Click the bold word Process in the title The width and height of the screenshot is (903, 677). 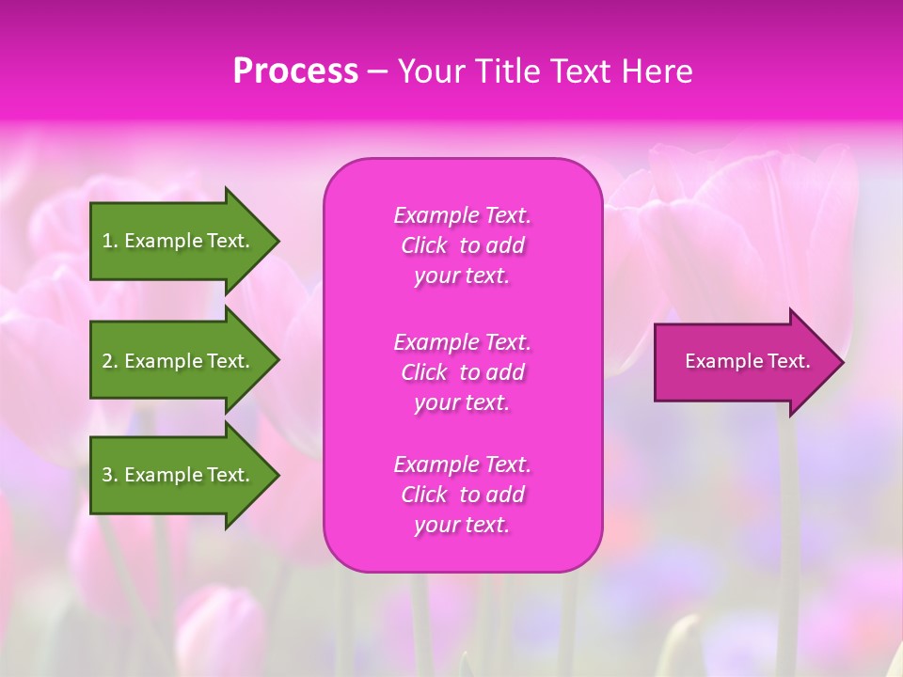tap(295, 71)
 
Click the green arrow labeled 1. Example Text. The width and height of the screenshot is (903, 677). tap(179, 241)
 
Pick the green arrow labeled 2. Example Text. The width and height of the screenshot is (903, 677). tap(179, 361)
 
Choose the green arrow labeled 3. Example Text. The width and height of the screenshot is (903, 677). tap(179, 475)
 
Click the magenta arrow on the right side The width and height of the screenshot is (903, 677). tap(743, 362)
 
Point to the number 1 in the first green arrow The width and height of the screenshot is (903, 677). tap(107, 241)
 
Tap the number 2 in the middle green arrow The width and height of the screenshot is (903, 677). tap(107, 361)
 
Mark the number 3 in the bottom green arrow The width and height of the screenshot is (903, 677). tap(107, 475)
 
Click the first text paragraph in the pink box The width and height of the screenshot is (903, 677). tap(462, 245)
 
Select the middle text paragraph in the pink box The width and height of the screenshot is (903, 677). tap(462, 372)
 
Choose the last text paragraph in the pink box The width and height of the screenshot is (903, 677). tap(462, 495)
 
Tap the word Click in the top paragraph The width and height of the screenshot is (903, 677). tap(424, 245)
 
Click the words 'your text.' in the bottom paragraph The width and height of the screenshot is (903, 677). tap(462, 526)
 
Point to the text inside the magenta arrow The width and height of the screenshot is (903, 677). tap(747, 361)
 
